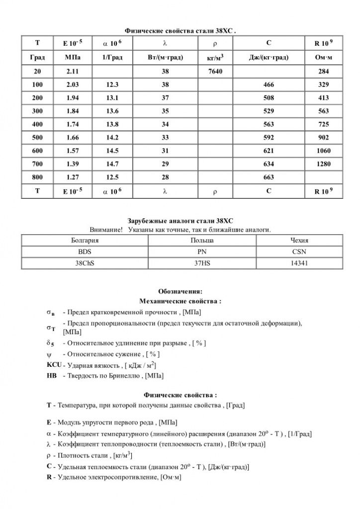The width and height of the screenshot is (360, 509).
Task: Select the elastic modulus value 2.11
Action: (x=73, y=72)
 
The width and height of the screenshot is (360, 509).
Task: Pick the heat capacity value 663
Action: (x=269, y=177)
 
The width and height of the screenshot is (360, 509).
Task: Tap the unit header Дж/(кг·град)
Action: (x=269, y=58)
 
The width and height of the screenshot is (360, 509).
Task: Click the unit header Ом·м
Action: (x=323, y=58)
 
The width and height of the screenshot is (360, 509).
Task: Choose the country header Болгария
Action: (x=85, y=240)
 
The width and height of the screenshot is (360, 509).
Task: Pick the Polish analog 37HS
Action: (x=202, y=263)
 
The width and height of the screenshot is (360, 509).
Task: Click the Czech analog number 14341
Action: (x=299, y=263)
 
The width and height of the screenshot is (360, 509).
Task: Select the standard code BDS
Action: (x=85, y=252)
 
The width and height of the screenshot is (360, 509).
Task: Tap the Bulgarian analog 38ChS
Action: (x=85, y=263)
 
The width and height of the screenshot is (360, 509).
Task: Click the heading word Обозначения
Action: (x=180, y=291)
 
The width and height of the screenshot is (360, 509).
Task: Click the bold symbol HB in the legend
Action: (x=52, y=376)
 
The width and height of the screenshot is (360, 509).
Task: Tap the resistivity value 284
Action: (x=323, y=72)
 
